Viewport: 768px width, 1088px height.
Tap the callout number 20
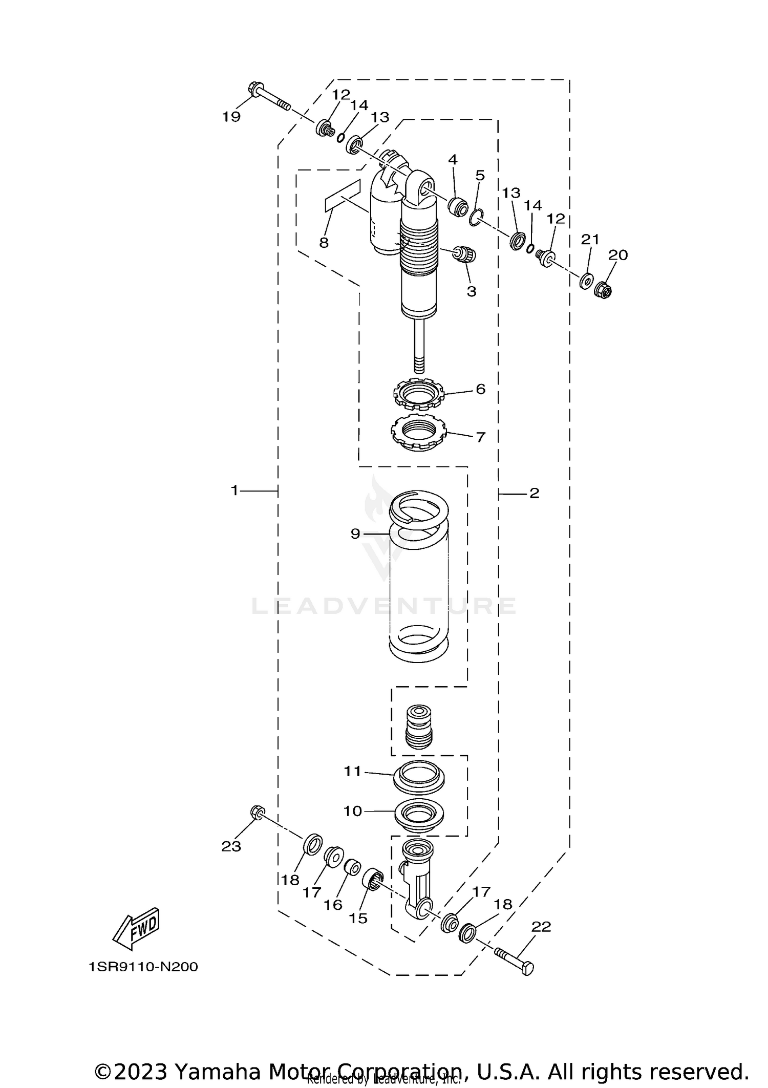617,255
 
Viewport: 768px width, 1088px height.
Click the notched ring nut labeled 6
419,395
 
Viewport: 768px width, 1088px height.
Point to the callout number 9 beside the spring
355,534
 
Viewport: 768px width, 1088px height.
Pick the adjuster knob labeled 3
466,254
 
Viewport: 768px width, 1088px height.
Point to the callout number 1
234,490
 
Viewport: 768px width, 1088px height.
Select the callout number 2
534,494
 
